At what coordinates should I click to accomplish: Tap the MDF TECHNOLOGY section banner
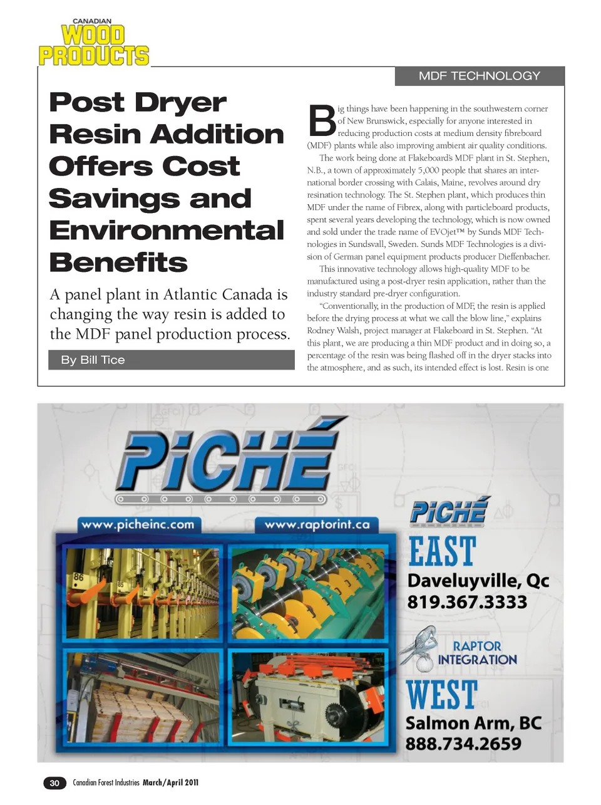(x=479, y=76)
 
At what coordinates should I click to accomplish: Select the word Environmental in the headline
(x=167, y=231)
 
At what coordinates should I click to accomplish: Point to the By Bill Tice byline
(x=93, y=360)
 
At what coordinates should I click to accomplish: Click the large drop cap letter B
(x=322, y=121)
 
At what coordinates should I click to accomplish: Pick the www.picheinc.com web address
(x=138, y=524)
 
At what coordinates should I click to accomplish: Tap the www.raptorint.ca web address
(x=317, y=524)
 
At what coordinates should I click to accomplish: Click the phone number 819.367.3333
(x=467, y=602)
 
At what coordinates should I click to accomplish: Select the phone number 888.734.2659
(x=463, y=744)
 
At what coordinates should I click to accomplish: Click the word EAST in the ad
(x=442, y=552)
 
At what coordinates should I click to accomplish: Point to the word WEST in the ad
(x=442, y=695)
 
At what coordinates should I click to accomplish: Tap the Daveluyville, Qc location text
(x=478, y=580)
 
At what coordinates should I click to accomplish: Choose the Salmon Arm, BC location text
(x=473, y=723)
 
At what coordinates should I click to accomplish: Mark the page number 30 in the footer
(x=54, y=782)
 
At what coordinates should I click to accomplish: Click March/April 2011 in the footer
(x=170, y=782)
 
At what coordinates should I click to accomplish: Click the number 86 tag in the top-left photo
(x=79, y=576)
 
